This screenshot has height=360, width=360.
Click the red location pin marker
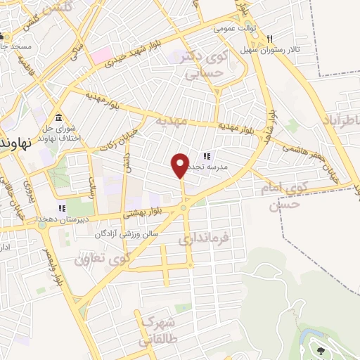coord(181,165)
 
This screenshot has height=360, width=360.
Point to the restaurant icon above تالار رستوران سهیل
coord(260,39)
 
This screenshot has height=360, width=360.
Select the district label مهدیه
coord(172,122)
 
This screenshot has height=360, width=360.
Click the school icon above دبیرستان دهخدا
coord(62,207)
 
